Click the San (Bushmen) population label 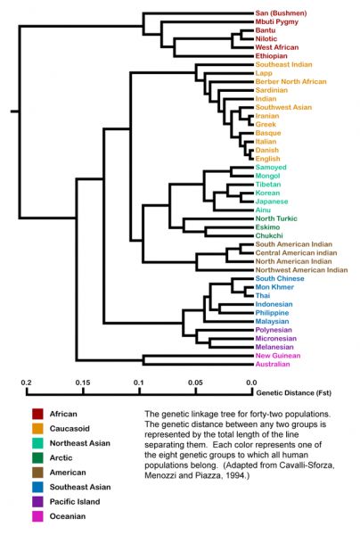[281, 13]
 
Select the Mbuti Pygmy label [277, 21]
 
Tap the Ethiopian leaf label [272, 56]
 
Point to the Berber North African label [290, 81]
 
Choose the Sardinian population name [272, 90]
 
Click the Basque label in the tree [268, 133]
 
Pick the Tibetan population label [268, 185]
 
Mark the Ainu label [263, 210]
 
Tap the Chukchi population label [269, 235]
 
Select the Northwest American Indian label [301, 270]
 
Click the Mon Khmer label [274, 287]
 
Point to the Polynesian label [274, 330]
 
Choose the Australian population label [273, 364]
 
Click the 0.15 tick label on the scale [83, 383]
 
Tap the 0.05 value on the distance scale [195, 383]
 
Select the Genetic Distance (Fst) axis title [293, 392]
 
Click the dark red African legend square [37, 414]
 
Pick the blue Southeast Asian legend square [37, 487]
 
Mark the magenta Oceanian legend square [37, 516]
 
